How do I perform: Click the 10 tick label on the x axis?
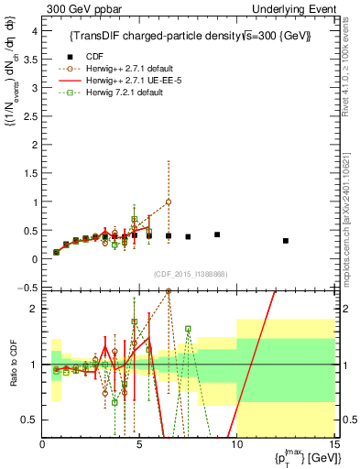236,446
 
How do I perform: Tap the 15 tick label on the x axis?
333,446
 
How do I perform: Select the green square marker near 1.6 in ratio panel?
188,329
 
